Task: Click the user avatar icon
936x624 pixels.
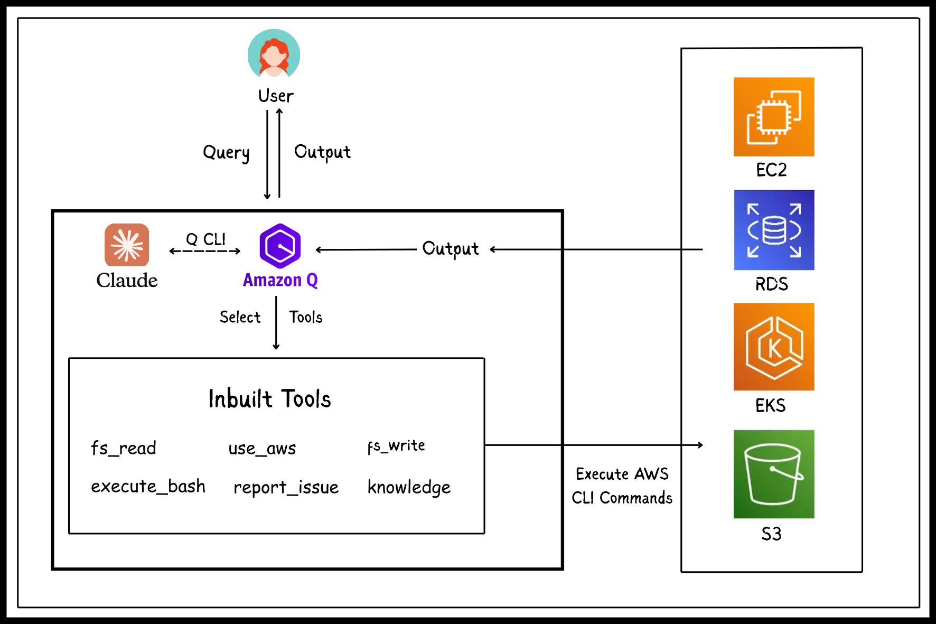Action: click(x=274, y=55)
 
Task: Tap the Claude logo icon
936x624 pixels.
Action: click(x=127, y=245)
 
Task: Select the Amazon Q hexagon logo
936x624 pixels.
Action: click(x=280, y=246)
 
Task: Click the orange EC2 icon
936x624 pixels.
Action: click(x=774, y=117)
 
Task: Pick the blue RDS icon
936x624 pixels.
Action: click(x=774, y=230)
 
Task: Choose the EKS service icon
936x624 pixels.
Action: click(x=774, y=347)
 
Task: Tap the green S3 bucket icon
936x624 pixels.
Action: click(x=774, y=474)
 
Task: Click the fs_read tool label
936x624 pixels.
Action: click(x=124, y=448)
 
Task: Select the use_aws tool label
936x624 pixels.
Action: click(x=262, y=449)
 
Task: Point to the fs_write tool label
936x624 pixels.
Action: click(x=396, y=446)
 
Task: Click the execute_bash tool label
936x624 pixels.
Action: click(x=148, y=486)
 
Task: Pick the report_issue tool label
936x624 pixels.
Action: click(x=286, y=487)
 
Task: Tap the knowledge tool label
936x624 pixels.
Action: click(x=409, y=487)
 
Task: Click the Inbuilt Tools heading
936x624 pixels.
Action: click(x=269, y=399)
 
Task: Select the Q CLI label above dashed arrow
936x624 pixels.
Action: click(x=205, y=239)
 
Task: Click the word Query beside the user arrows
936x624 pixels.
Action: click(x=226, y=153)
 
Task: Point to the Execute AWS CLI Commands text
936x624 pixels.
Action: click(x=622, y=486)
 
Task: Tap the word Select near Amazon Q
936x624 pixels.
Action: click(x=240, y=317)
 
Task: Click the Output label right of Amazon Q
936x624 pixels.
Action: click(x=451, y=249)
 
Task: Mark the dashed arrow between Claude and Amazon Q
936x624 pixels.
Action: click(x=205, y=251)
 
